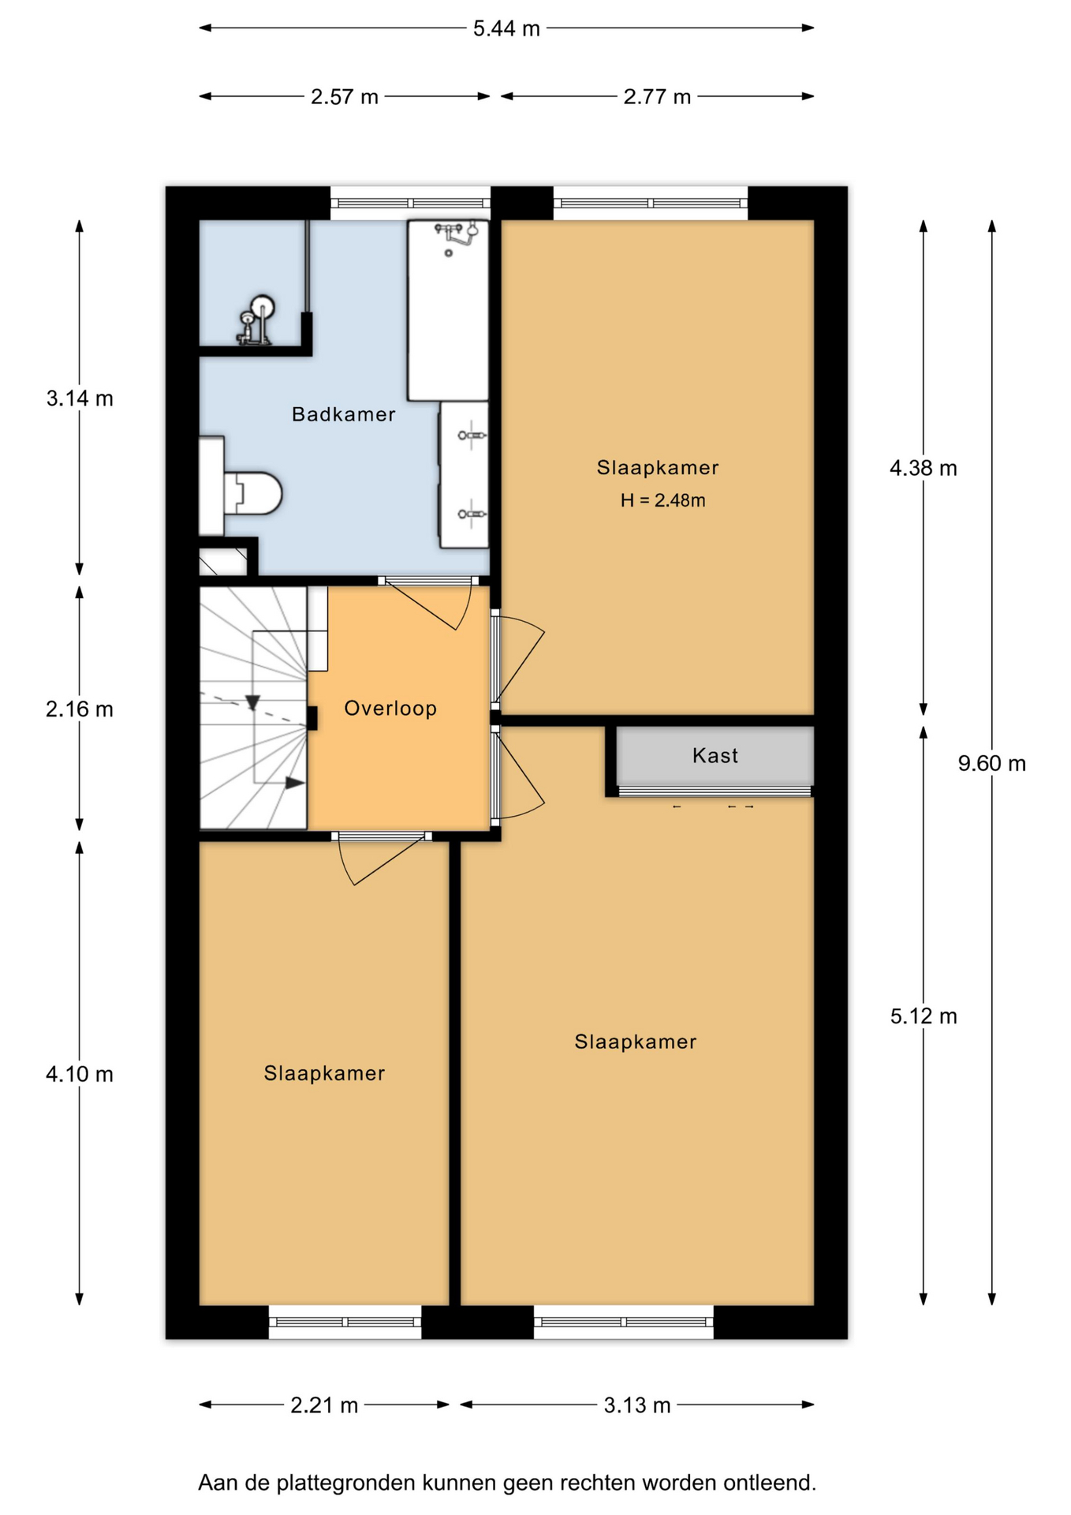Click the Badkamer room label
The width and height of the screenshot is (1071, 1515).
343,414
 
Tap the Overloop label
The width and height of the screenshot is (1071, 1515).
390,709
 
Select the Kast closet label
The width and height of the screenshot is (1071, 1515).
715,756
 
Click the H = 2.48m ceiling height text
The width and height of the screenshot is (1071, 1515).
662,500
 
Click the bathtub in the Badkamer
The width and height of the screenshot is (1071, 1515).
448,310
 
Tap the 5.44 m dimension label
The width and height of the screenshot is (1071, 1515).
506,29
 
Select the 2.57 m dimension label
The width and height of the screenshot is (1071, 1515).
345,97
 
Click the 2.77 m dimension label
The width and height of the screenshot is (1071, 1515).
657,97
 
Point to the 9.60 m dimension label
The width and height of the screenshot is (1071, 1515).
992,764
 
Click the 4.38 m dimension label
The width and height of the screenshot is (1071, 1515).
924,469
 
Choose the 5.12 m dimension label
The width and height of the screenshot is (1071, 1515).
924,1016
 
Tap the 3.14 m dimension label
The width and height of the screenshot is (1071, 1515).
80,399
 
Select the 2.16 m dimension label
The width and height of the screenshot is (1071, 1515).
80,710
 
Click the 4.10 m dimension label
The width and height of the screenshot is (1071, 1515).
80,1075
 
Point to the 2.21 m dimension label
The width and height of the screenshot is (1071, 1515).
324,1405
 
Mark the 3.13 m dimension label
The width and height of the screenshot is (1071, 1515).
637,1405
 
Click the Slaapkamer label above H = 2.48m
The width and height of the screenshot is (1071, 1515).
658,468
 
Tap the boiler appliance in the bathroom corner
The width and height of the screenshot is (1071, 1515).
256,320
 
